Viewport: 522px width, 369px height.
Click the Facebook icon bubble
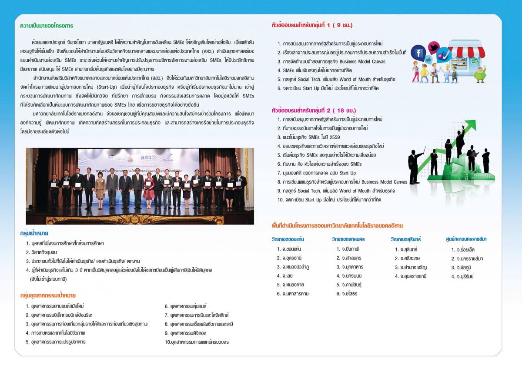click(418, 53)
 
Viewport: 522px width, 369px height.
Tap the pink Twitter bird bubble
click(434, 47)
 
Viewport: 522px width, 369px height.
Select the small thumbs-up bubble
click(428, 59)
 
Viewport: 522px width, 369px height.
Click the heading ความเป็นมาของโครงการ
click(47, 26)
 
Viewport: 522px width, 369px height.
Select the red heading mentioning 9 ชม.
click(312, 25)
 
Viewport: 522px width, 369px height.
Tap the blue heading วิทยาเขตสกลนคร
click(348, 239)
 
